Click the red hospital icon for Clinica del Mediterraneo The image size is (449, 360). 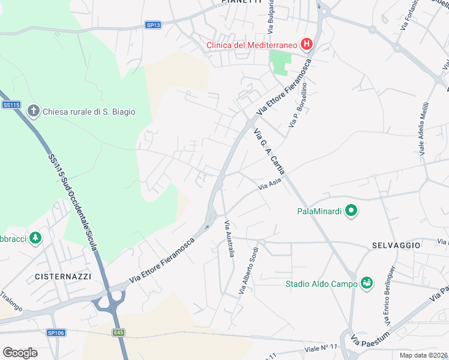[x=307, y=44]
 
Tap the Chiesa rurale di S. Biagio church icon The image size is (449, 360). [x=33, y=111]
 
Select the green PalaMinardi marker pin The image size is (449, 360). [x=351, y=211]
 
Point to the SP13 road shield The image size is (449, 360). [x=153, y=25]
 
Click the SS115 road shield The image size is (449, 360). [x=11, y=105]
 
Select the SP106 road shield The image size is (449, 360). [x=55, y=332]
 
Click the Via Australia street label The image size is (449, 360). [x=229, y=239]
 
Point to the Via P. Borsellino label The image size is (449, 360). [x=300, y=105]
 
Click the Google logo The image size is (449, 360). [x=20, y=352]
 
